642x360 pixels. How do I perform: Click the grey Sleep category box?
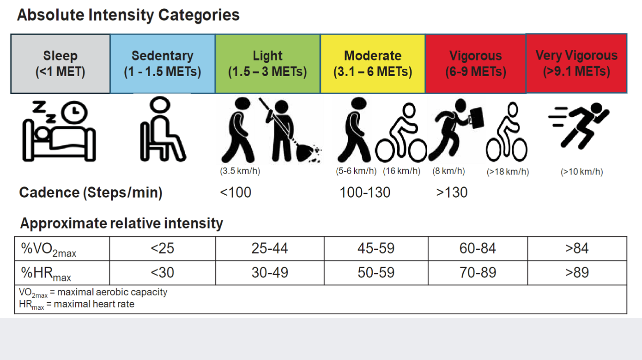pos(61,64)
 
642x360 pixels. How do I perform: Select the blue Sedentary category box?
pos(163,64)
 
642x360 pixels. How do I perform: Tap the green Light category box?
pos(267,64)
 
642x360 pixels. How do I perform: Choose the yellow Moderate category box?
pos(373,64)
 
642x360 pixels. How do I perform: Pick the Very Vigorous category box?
pos(576,63)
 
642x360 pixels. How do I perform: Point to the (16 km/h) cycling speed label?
pos(401,171)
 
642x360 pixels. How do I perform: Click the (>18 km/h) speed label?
pos(508,172)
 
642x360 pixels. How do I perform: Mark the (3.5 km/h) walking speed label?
pos(240,171)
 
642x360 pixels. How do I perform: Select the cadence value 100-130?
pos(365,192)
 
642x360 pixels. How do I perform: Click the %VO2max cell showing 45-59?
pos(376,248)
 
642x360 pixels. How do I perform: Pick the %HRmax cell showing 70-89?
pos(478,272)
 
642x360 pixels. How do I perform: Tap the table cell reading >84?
pos(577,248)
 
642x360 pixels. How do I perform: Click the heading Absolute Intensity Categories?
pos(128,15)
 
